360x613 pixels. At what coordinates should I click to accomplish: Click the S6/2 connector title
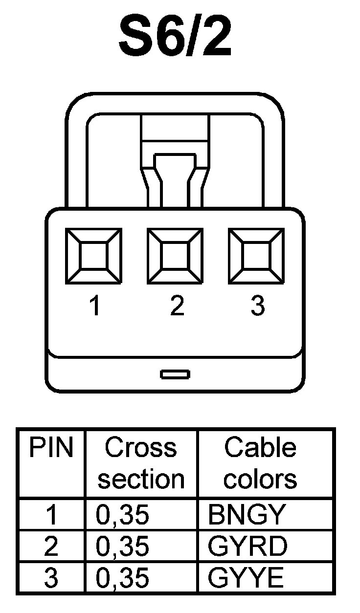(175, 37)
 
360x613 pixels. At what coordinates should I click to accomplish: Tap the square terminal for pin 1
(94, 256)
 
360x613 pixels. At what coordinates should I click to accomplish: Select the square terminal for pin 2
(176, 256)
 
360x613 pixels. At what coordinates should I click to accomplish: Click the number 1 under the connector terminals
(94, 306)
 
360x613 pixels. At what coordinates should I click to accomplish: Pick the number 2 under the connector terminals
(177, 306)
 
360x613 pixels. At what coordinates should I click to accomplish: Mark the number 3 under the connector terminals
(257, 306)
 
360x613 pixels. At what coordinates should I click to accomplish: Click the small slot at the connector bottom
(175, 374)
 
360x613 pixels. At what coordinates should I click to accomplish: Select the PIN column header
(51, 448)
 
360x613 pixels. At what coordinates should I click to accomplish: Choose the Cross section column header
(141, 463)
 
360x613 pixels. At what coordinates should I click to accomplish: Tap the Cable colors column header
(260, 463)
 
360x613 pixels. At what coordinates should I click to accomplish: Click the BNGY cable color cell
(246, 515)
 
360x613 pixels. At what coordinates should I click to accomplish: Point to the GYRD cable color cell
(247, 547)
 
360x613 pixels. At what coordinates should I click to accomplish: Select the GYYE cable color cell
(246, 579)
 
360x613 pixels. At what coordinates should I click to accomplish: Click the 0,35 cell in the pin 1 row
(123, 515)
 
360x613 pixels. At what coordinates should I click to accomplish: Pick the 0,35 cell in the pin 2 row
(123, 547)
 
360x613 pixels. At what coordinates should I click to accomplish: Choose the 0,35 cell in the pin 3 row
(123, 579)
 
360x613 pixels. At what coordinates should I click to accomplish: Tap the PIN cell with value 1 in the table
(51, 515)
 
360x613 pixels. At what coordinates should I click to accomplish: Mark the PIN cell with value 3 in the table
(51, 579)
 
